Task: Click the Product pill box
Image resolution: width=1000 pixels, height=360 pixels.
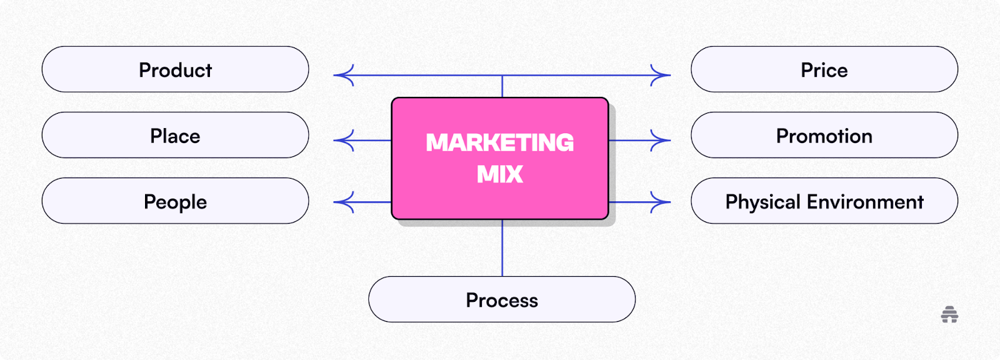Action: (176, 69)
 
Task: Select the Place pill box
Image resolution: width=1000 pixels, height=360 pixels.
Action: (176, 135)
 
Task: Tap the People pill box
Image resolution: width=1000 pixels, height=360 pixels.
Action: (176, 201)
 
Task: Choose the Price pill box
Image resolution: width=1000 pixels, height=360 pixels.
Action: (824, 69)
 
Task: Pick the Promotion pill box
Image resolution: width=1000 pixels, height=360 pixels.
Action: (824, 135)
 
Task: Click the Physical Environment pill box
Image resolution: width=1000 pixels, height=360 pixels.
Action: (824, 201)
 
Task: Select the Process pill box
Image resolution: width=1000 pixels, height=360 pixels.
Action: (502, 299)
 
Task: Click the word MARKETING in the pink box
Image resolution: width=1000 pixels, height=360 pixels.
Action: (499, 143)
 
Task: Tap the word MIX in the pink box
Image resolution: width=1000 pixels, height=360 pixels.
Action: (499, 174)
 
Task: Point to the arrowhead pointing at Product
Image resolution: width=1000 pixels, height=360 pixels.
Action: (343, 75)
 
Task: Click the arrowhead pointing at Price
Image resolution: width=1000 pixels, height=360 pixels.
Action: (661, 75)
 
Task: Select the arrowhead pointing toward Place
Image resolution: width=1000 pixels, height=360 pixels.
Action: (343, 140)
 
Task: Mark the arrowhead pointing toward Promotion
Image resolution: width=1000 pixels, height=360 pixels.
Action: (661, 140)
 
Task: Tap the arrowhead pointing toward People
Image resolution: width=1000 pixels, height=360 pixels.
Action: (343, 202)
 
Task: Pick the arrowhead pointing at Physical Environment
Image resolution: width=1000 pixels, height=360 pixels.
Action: (661, 202)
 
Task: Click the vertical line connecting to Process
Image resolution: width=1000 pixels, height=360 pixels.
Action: (502, 248)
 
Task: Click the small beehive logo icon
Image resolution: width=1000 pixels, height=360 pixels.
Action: (949, 314)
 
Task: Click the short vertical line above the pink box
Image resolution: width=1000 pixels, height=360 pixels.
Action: (502, 86)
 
